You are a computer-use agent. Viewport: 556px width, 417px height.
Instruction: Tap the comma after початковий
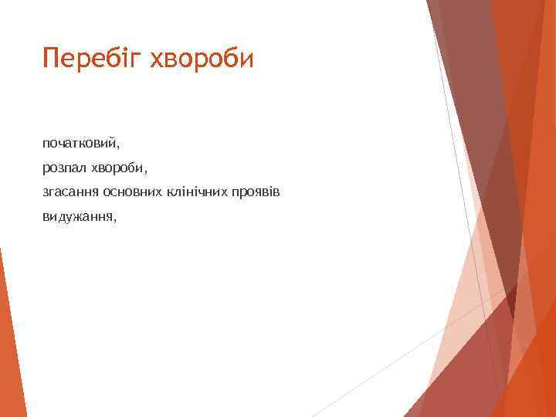pyautogui.click(x=120, y=147)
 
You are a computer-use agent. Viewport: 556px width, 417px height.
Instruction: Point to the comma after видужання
pyautogui.click(x=115, y=219)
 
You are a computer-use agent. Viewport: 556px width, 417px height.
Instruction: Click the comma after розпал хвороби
pyautogui.click(x=144, y=171)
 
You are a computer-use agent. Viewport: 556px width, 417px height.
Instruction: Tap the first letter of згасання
pyautogui.click(x=46, y=192)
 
